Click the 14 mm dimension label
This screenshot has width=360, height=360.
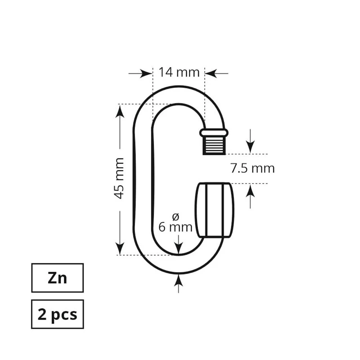pos(179,72)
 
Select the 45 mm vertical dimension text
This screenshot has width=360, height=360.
pos(119,178)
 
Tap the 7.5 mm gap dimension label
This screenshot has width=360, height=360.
pos(252,168)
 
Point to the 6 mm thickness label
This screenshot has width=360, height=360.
pos(175,227)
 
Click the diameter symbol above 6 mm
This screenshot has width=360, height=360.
pos(175,216)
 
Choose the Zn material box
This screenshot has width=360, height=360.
pos(58,278)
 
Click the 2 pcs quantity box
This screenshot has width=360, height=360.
pos(58,314)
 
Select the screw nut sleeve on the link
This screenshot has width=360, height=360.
pos(215,210)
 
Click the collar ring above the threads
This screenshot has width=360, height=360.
pos(214,133)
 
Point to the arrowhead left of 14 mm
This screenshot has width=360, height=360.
pos(146,73)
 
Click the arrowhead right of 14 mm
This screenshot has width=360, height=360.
pos(211,73)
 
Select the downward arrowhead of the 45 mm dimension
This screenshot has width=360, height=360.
pos(120,248)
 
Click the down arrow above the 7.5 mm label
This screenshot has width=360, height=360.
pos(250,141)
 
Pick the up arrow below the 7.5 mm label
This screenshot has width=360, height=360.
pos(250,196)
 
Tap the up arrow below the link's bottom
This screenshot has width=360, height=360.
pos(179,283)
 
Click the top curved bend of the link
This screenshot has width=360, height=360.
pos(179,95)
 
